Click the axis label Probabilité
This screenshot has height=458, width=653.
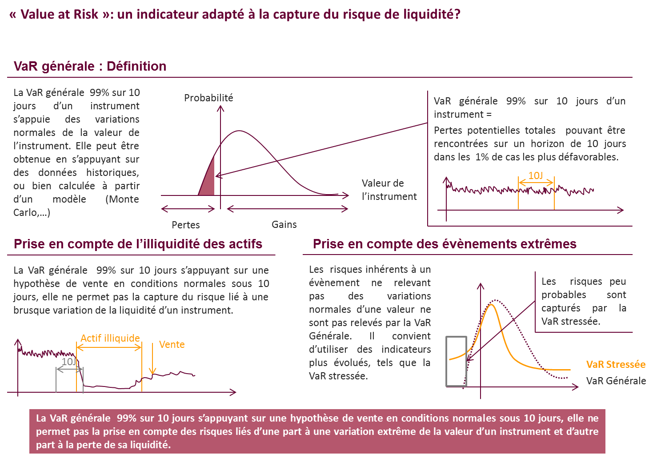coord(208,98)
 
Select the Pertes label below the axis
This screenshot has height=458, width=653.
coord(186,225)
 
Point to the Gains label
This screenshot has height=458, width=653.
coord(284,225)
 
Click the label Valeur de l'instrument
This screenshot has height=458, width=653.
coord(389,190)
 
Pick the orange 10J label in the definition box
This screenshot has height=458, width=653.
coord(536,175)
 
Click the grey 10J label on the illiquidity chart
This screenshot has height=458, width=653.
coord(69,362)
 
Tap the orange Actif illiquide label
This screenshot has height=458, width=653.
coord(110,338)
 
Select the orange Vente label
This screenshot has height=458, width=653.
coord(172,344)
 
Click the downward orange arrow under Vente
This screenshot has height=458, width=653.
coord(152,358)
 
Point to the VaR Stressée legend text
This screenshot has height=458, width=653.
coord(616,364)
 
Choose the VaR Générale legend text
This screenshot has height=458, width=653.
coord(616,381)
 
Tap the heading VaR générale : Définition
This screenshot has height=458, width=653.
coord(90,66)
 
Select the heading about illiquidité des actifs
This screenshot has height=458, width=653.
coord(138,244)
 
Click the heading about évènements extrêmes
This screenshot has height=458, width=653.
coord(445,244)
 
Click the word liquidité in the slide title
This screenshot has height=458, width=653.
coord(432,14)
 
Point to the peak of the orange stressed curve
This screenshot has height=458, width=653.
coord(491,305)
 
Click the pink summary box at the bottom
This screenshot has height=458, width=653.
coord(317,431)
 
